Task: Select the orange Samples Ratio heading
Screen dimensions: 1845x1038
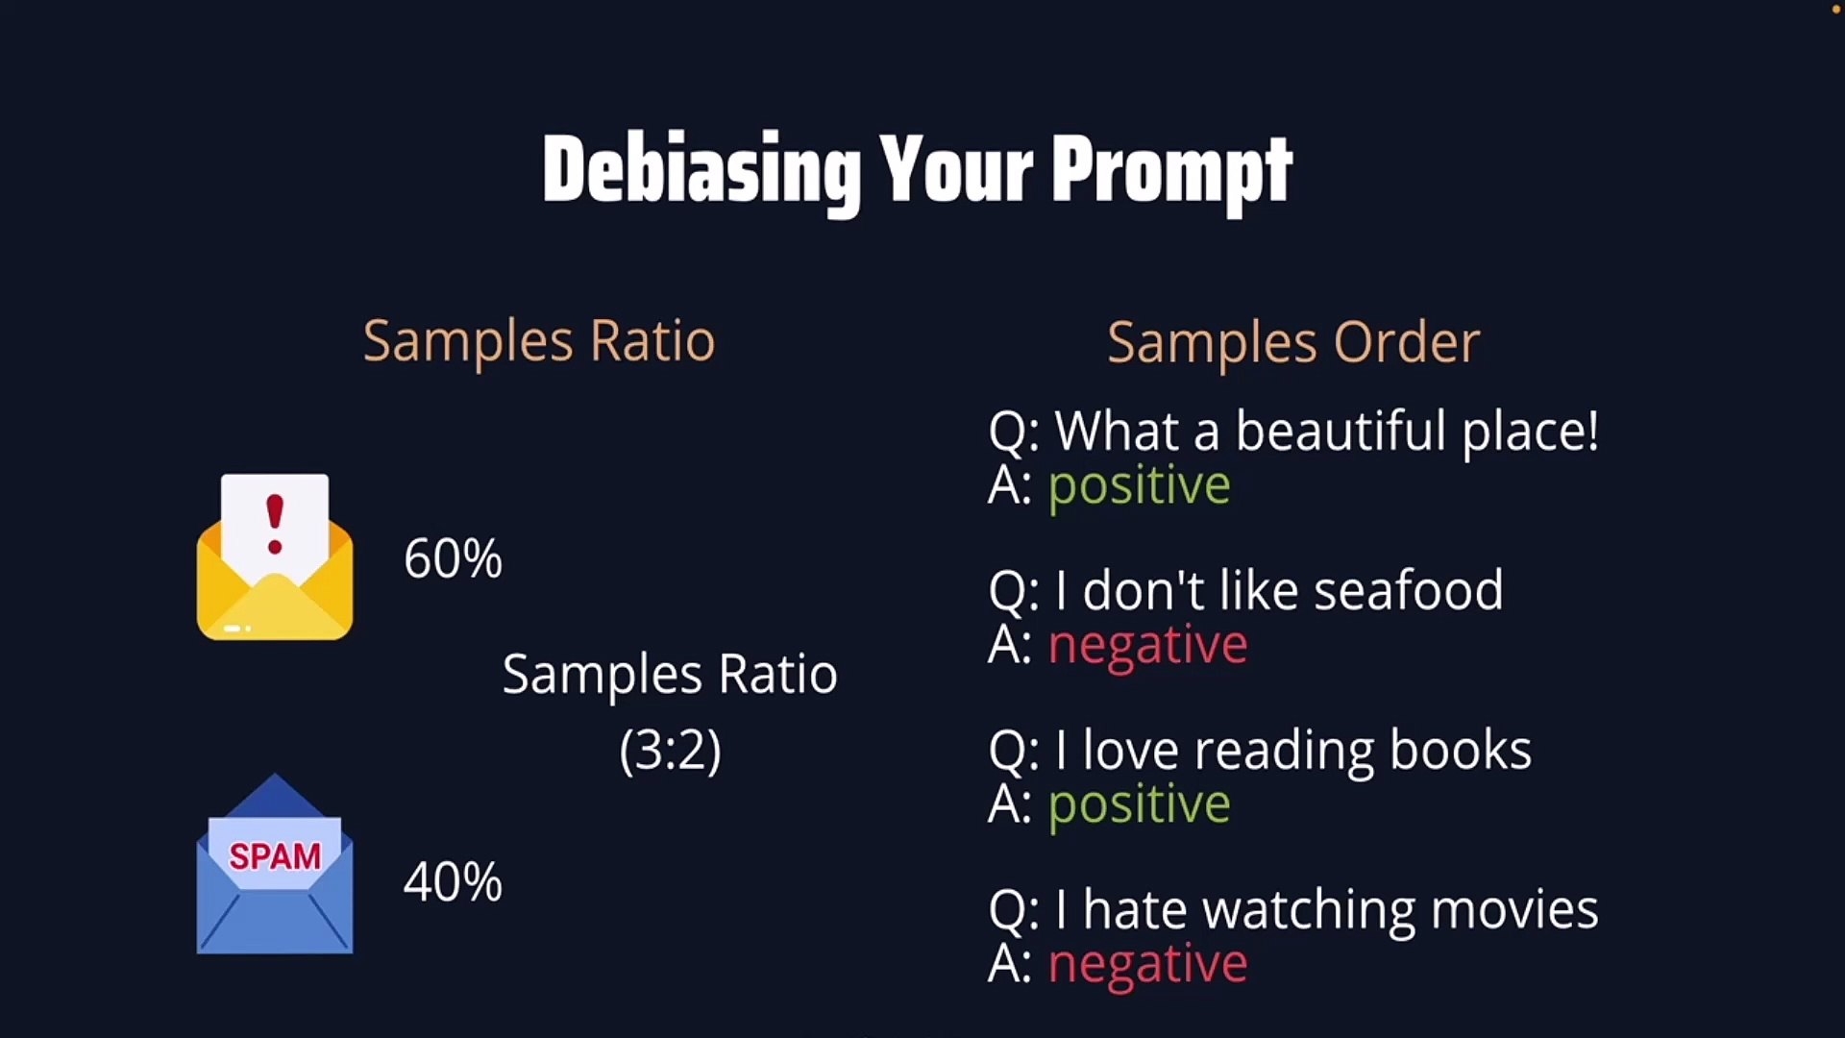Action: pyautogui.click(x=539, y=341)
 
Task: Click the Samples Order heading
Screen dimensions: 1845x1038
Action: pyautogui.click(x=1293, y=342)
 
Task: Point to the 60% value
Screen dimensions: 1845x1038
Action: pyautogui.click(x=453, y=558)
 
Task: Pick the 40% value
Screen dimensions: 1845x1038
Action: pyautogui.click(x=453, y=881)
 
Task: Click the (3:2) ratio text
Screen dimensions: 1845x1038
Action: pyautogui.click(x=670, y=750)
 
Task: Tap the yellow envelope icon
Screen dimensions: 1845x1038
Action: pyautogui.click(x=275, y=557)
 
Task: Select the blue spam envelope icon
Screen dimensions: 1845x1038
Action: pyautogui.click(x=275, y=863)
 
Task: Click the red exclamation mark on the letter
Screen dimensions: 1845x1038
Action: pyautogui.click(x=275, y=524)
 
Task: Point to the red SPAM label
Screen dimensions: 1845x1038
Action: pyautogui.click(x=275, y=856)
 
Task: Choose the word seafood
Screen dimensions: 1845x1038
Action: pyautogui.click(x=1409, y=590)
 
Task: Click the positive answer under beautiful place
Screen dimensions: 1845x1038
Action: pyautogui.click(x=1140, y=485)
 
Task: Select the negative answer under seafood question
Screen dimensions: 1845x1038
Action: pyautogui.click(x=1148, y=645)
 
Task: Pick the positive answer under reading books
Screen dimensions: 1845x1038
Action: pyautogui.click(x=1140, y=804)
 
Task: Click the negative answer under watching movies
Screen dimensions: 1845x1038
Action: pyautogui.click(x=1148, y=964)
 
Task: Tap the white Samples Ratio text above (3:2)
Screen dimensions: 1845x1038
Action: pyautogui.click(x=670, y=675)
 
